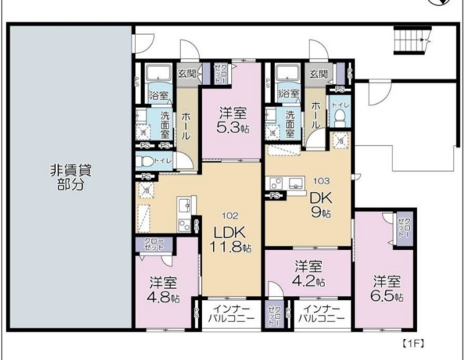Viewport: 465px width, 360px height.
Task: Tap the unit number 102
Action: [x=230, y=215]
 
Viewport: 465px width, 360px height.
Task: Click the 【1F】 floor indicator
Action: [x=413, y=342]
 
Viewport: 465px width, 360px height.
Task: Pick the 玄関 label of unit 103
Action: [x=318, y=73]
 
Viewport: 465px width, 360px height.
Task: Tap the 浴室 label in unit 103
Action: [x=289, y=93]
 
